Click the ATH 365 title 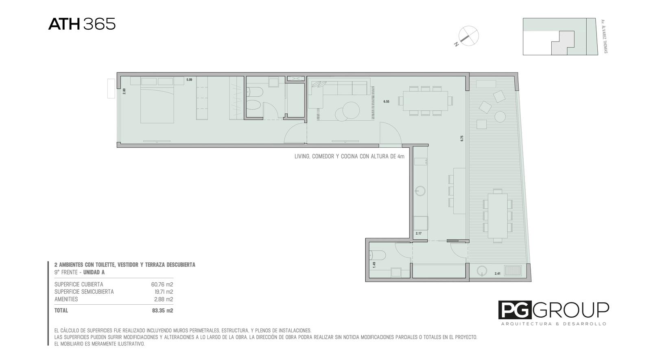pos(82,24)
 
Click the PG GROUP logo pos(554,313)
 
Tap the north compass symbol pos(467,36)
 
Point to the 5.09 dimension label pos(189,80)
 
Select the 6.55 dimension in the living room pos(386,101)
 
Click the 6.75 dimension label pos(462,138)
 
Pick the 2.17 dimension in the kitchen pos(419,233)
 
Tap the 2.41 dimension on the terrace pos(498,273)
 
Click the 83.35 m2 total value pos(162,310)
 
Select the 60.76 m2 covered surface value pos(162,284)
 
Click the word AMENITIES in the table pos(66,299)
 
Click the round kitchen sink pos(420,191)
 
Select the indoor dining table pos(426,101)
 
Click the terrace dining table pos(498,216)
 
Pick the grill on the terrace pos(513,271)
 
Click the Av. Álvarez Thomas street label pos(603,36)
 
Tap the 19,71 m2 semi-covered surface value pos(164,292)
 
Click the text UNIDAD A pos(94,272)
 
